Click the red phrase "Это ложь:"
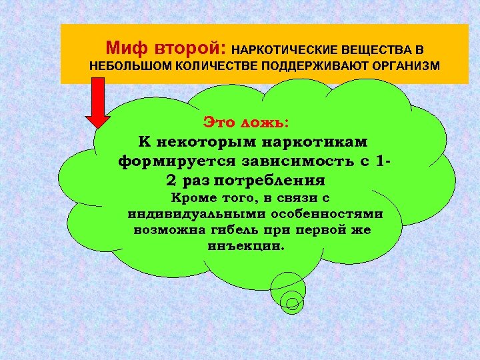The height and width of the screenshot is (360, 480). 246,123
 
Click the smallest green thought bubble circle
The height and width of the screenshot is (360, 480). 292,303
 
